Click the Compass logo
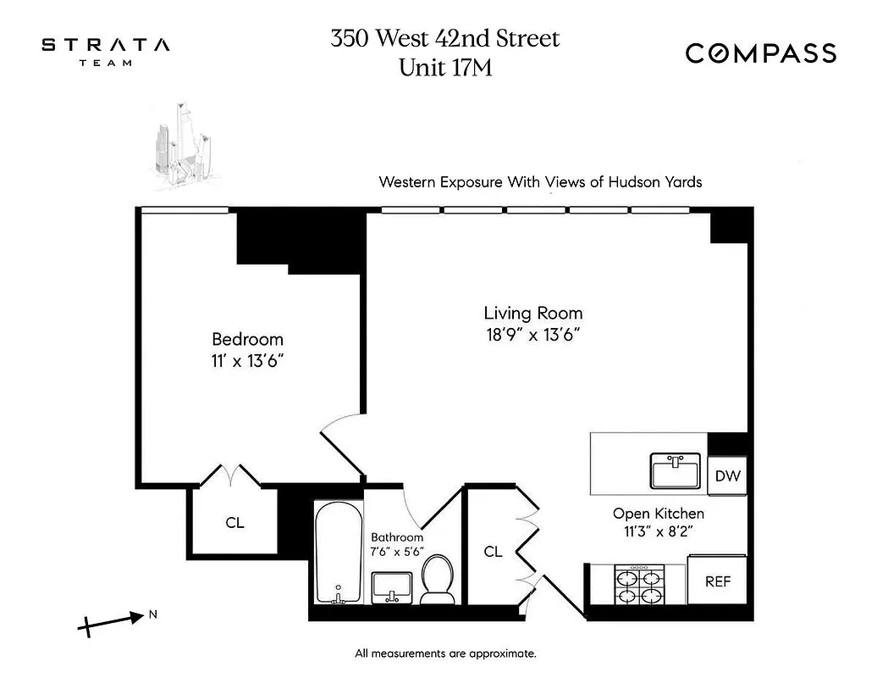click(x=760, y=53)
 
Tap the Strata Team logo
click(x=106, y=50)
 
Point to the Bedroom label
click(x=247, y=339)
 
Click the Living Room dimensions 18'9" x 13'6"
click(x=533, y=333)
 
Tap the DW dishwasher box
click(x=727, y=475)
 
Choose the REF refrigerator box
click(x=718, y=582)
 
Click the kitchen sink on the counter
click(x=675, y=471)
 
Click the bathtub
click(x=339, y=551)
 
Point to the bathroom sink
click(x=392, y=585)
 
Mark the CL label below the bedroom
click(x=234, y=523)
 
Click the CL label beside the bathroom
click(x=493, y=552)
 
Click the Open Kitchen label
click(x=658, y=514)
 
